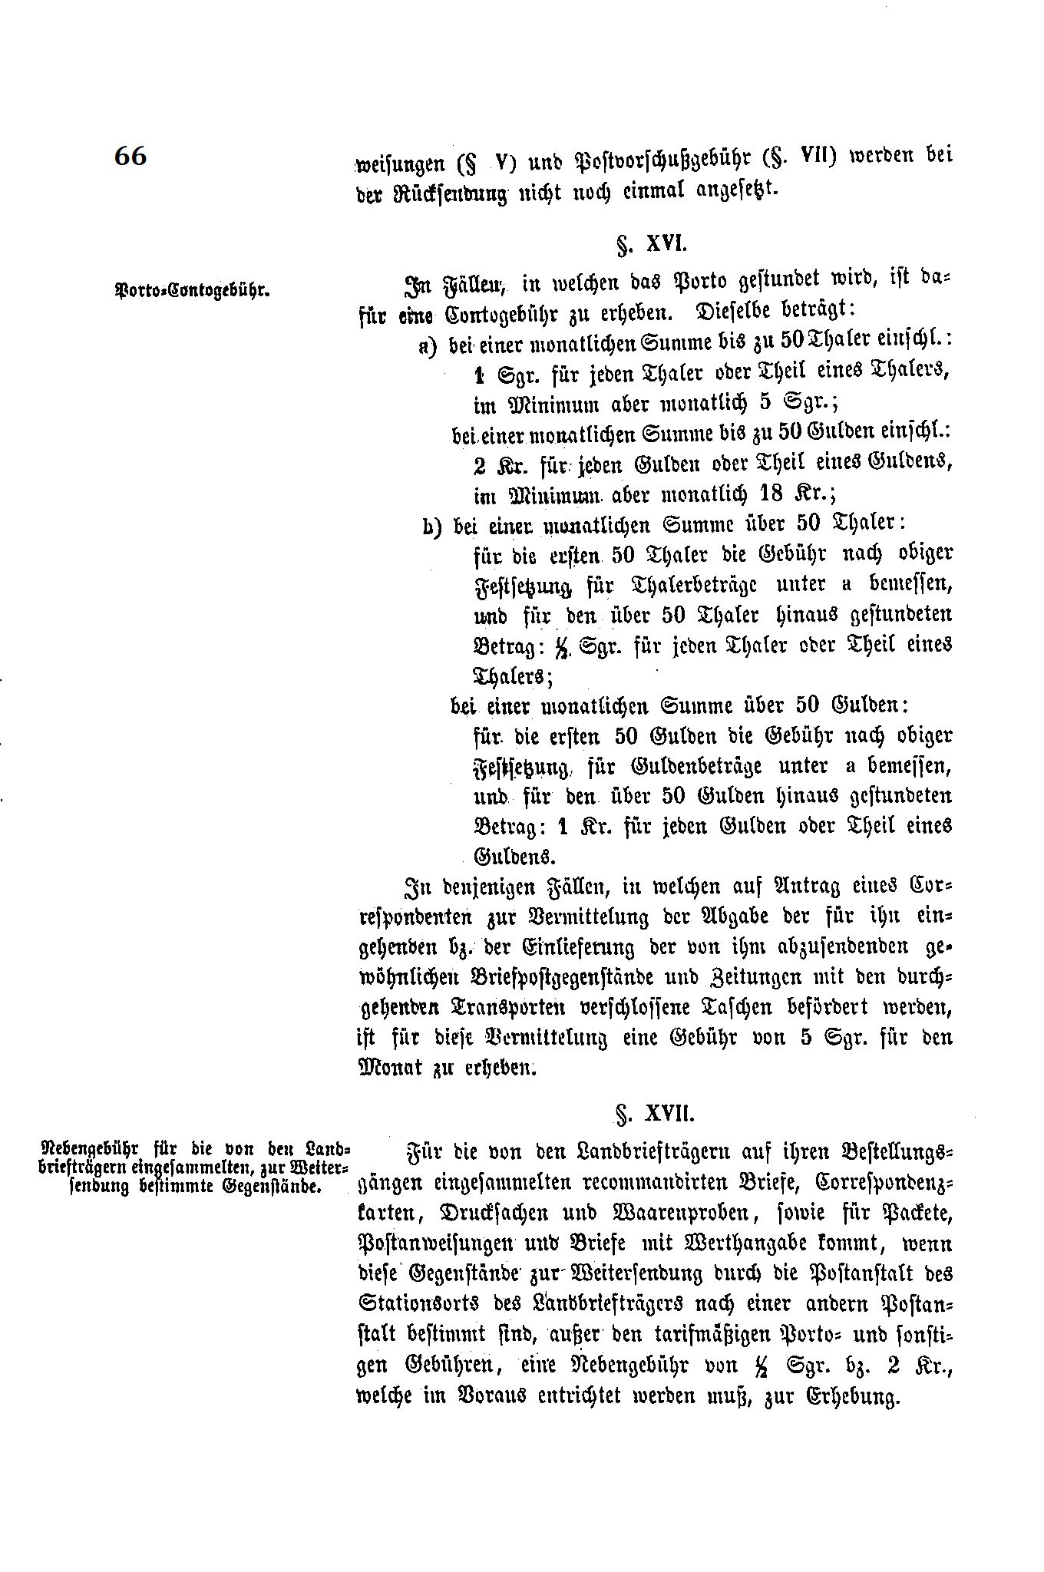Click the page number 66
(130, 156)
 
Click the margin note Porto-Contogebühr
(190, 291)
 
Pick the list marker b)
(431, 526)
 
